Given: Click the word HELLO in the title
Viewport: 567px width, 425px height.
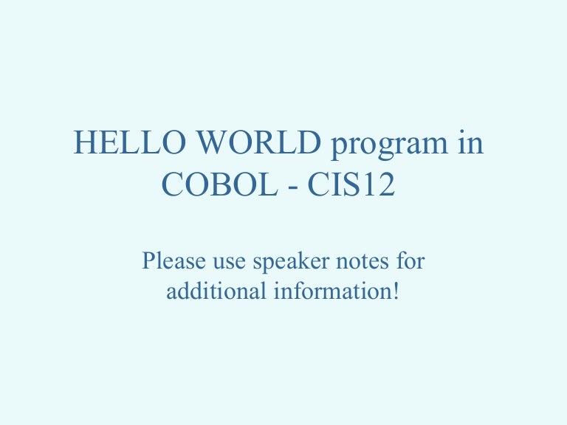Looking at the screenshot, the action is point(129,142).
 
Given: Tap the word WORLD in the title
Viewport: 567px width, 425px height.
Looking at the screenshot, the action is point(259,142).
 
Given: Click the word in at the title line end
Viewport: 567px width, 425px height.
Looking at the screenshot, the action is point(470,142).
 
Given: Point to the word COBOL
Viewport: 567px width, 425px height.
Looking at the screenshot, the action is point(219,184).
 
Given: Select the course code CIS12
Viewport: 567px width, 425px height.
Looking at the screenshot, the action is point(351,184).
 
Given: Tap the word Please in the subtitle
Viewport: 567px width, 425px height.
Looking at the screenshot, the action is point(174,260).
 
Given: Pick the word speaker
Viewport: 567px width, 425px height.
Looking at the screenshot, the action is point(291,263).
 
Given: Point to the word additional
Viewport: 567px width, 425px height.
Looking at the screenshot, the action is point(216,291).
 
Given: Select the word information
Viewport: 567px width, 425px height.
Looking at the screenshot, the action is point(333,291).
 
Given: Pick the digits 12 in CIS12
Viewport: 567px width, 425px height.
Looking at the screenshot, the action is point(379,184).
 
